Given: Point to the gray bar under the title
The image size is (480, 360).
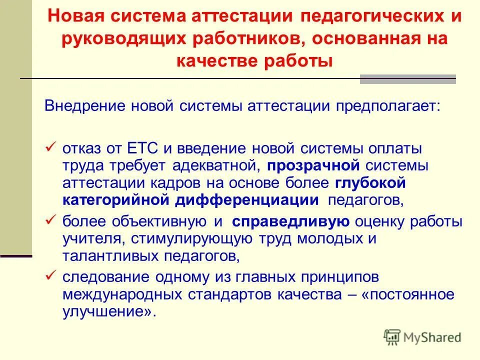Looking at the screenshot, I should (407, 79).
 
